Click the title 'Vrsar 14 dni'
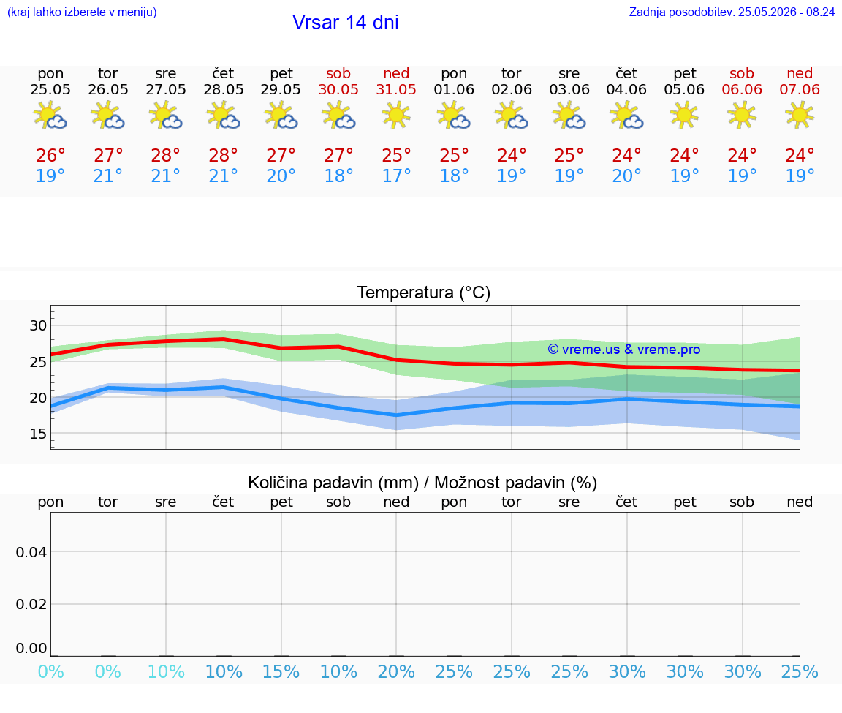point(345,23)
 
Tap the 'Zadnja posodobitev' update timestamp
point(732,12)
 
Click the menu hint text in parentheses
point(82,12)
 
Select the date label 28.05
point(224,89)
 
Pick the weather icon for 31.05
point(396,116)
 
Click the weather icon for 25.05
point(50,116)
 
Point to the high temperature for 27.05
point(165,155)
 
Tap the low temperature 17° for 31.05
point(396,176)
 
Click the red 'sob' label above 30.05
point(338,73)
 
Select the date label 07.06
point(800,89)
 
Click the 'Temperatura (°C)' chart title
point(424,293)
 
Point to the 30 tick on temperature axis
point(38,325)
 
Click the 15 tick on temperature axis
point(38,434)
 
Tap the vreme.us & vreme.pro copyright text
point(624,350)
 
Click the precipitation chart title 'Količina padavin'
point(333,483)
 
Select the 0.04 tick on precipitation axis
point(31,552)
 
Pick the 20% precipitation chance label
point(396,671)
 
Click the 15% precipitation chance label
point(281,671)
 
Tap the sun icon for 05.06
point(684,116)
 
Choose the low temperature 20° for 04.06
point(626,176)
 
